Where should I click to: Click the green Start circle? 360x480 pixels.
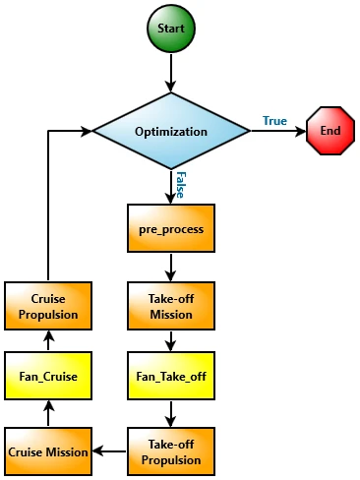click(x=171, y=29)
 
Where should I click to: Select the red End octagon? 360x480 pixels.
click(x=330, y=131)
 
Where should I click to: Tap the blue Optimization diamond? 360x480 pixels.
click(x=171, y=131)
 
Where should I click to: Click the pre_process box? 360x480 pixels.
click(x=171, y=228)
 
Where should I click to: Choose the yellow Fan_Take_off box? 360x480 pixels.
click(x=171, y=376)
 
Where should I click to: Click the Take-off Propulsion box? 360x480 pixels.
click(x=171, y=451)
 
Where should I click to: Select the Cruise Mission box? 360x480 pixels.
click(x=48, y=451)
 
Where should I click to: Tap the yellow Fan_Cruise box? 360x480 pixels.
click(x=48, y=376)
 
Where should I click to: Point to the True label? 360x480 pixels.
click(x=274, y=120)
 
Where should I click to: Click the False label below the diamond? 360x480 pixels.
click(x=180, y=183)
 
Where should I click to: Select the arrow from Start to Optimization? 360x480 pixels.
click(x=171, y=70)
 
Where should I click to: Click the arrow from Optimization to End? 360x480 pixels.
click(x=277, y=131)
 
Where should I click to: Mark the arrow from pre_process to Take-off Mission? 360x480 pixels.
click(x=171, y=267)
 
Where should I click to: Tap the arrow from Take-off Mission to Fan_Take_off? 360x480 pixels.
click(x=171, y=340)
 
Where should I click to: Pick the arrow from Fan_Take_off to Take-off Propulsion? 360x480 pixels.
click(x=171, y=413)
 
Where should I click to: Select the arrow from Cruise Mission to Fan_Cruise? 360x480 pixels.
click(x=48, y=413)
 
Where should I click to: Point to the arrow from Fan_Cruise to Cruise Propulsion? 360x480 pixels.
click(x=48, y=340)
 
